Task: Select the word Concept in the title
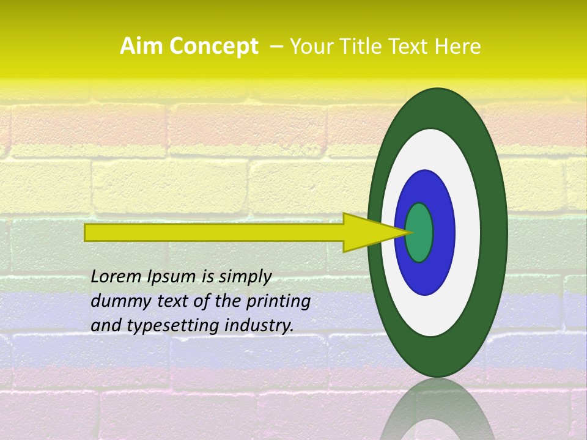coord(213,47)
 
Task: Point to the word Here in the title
coord(459,46)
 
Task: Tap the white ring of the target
coord(467,232)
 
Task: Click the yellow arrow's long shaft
coord(214,232)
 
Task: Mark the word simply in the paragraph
coord(245,277)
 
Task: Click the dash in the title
coord(276,46)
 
